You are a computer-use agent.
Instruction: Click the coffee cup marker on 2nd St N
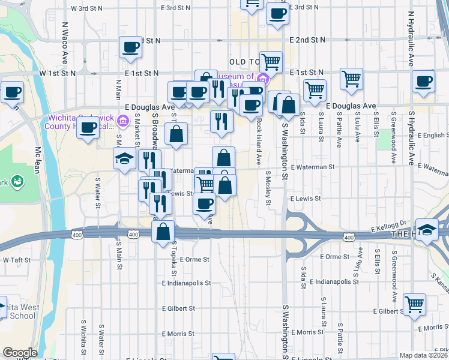(130, 47)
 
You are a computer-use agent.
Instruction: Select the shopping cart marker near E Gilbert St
(414, 304)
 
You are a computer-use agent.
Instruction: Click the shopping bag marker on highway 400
(163, 232)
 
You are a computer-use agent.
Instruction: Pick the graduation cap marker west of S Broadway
(124, 159)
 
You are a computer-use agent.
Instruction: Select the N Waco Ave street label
(64, 43)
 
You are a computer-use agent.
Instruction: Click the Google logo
(20, 353)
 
